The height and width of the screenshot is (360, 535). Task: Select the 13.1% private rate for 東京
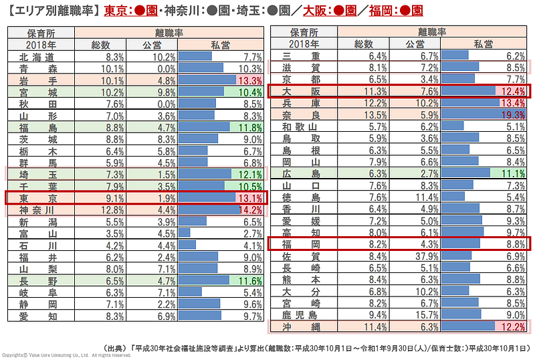click(248, 197)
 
